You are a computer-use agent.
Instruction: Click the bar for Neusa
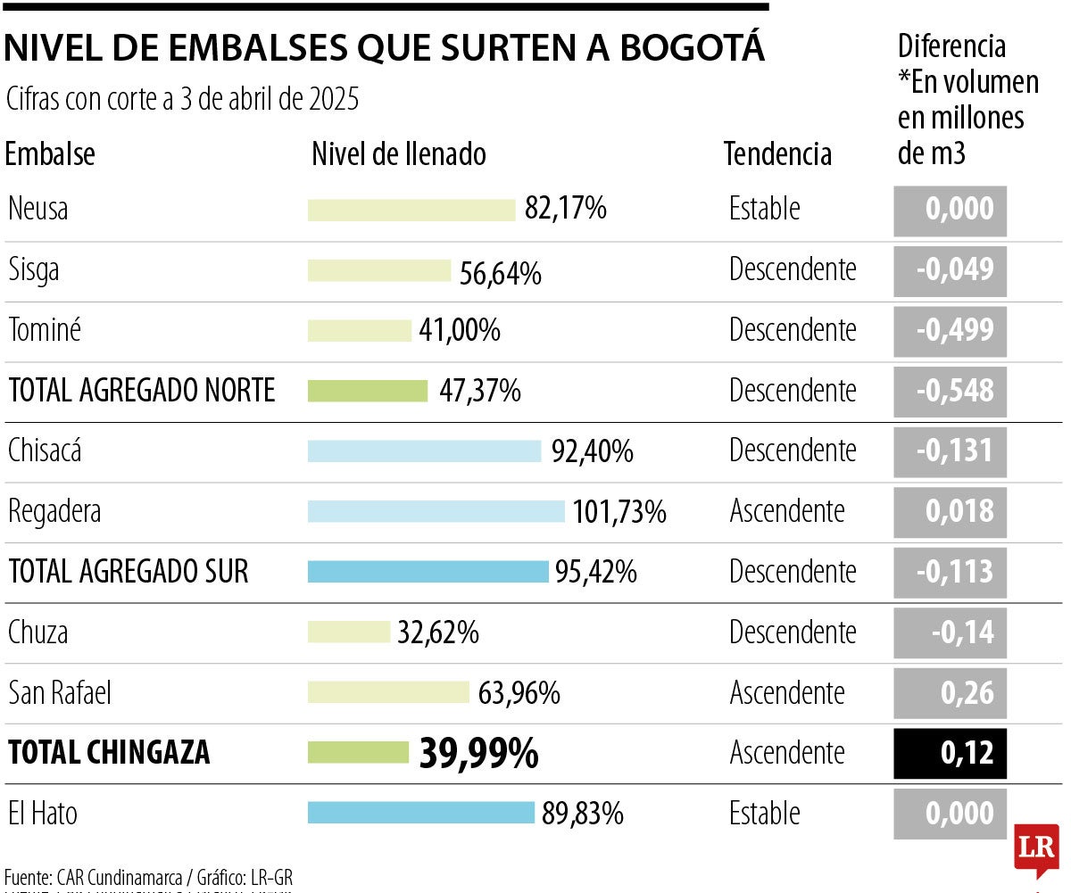pyautogui.click(x=411, y=210)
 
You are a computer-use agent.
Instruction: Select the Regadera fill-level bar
pyautogui.click(x=436, y=511)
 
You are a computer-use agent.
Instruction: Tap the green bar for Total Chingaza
pyautogui.click(x=358, y=753)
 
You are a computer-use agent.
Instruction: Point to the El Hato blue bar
pyautogui.click(x=420, y=813)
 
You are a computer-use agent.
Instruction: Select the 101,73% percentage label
pyautogui.click(x=619, y=512)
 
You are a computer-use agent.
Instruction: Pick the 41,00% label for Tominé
pyautogui.click(x=460, y=331)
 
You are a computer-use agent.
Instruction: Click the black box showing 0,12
pyautogui.click(x=950, y=753)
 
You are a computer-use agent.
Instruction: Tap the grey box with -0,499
pyautogui.click(x=950, y=330)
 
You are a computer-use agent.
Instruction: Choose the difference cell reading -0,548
pyautogui.click(x=950, y=391)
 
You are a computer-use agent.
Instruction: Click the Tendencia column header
pyautogui.click(x=777, y=154)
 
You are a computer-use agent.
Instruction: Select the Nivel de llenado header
pyautogui.click(x=399, y=154)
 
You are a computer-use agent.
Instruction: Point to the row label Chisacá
pyautogui.click(x=45, y=451)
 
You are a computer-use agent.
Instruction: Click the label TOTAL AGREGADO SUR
pyautogui.click(x=129, y=572)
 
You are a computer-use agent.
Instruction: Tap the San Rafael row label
pyautogui.click(x=60, y=693)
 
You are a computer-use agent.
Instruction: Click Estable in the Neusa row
pyautogui.click(x=764, y=210)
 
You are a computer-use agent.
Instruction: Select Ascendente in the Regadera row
pyautogui.click(x=786, y=511)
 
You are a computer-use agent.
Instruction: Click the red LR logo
pyautogui.click(x=1036, y=849)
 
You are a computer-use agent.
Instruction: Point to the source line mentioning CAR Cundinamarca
pyautogui.click(x=148, y=877)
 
